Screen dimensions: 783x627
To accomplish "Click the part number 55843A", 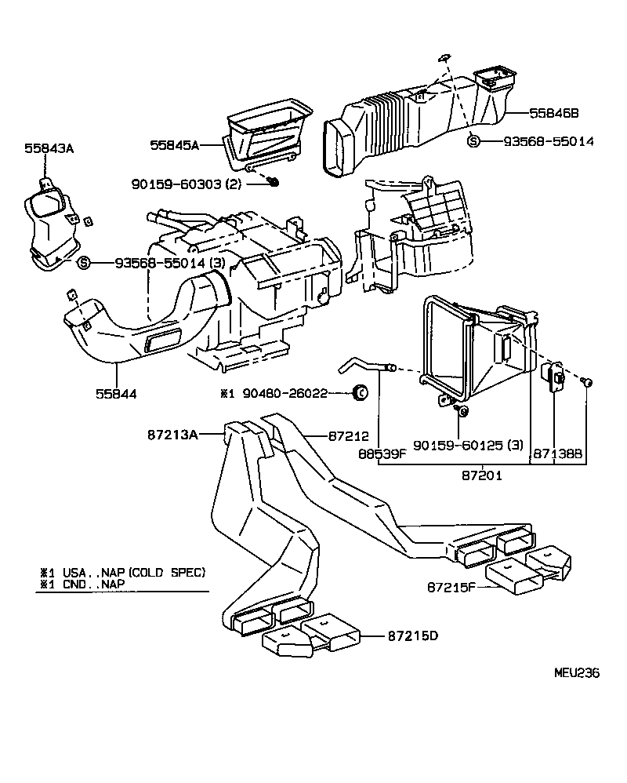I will pos(48,147).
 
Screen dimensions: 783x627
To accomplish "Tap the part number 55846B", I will pos(553,113).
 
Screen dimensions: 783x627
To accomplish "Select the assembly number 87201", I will pos(481,475).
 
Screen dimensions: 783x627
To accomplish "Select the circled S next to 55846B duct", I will pos(473,141).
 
